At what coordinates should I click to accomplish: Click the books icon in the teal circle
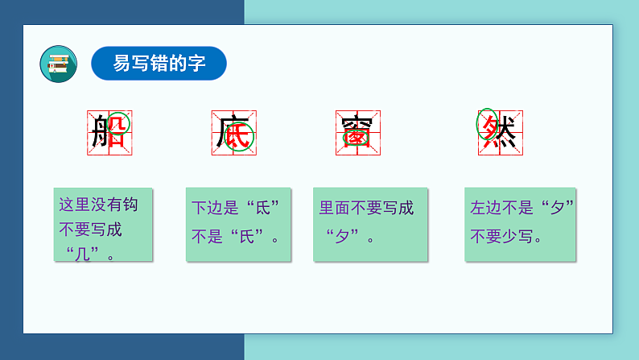click(58, 64)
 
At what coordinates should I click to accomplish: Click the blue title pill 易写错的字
click(159, 64)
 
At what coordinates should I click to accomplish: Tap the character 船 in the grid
click(109, 132)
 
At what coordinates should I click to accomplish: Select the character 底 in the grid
click(233, 132)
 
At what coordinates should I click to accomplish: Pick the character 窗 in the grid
click(357, 132)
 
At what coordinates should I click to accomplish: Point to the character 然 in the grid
click(500, 132)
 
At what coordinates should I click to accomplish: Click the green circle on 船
click(118, 124)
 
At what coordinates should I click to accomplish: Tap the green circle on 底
click(241, 137)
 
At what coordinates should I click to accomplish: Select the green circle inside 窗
click(357, 138)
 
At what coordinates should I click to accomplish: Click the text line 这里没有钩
click(98, 205)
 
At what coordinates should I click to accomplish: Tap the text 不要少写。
click(506, 237)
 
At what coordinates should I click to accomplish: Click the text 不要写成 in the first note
click(91, 230)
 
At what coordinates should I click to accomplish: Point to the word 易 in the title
click(122, 64)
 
